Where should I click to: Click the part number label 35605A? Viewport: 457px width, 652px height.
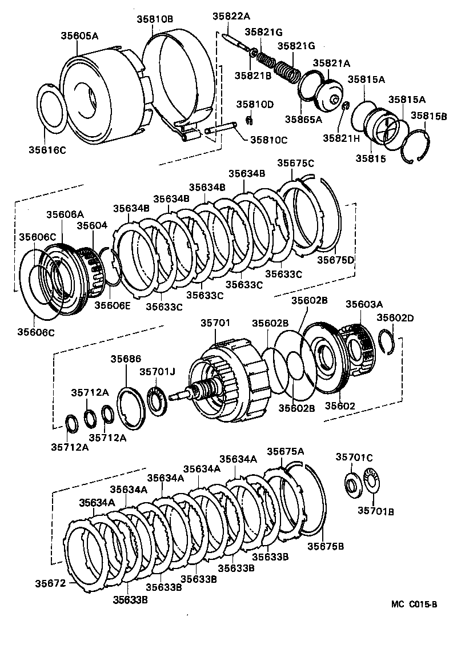[x=80, y=35]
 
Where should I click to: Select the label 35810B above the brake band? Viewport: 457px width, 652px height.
[x=154, y=19]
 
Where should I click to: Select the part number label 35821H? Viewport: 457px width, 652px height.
[x=342, y=138]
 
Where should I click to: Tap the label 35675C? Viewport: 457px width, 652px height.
[x=296, y=163]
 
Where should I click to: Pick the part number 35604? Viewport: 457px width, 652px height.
[x=92, y=225]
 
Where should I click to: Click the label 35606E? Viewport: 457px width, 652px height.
[x=112, y=304]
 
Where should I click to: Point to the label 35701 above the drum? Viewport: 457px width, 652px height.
[x=215, y=323]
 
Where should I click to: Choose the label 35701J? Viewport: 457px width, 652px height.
[x=157, y=372]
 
